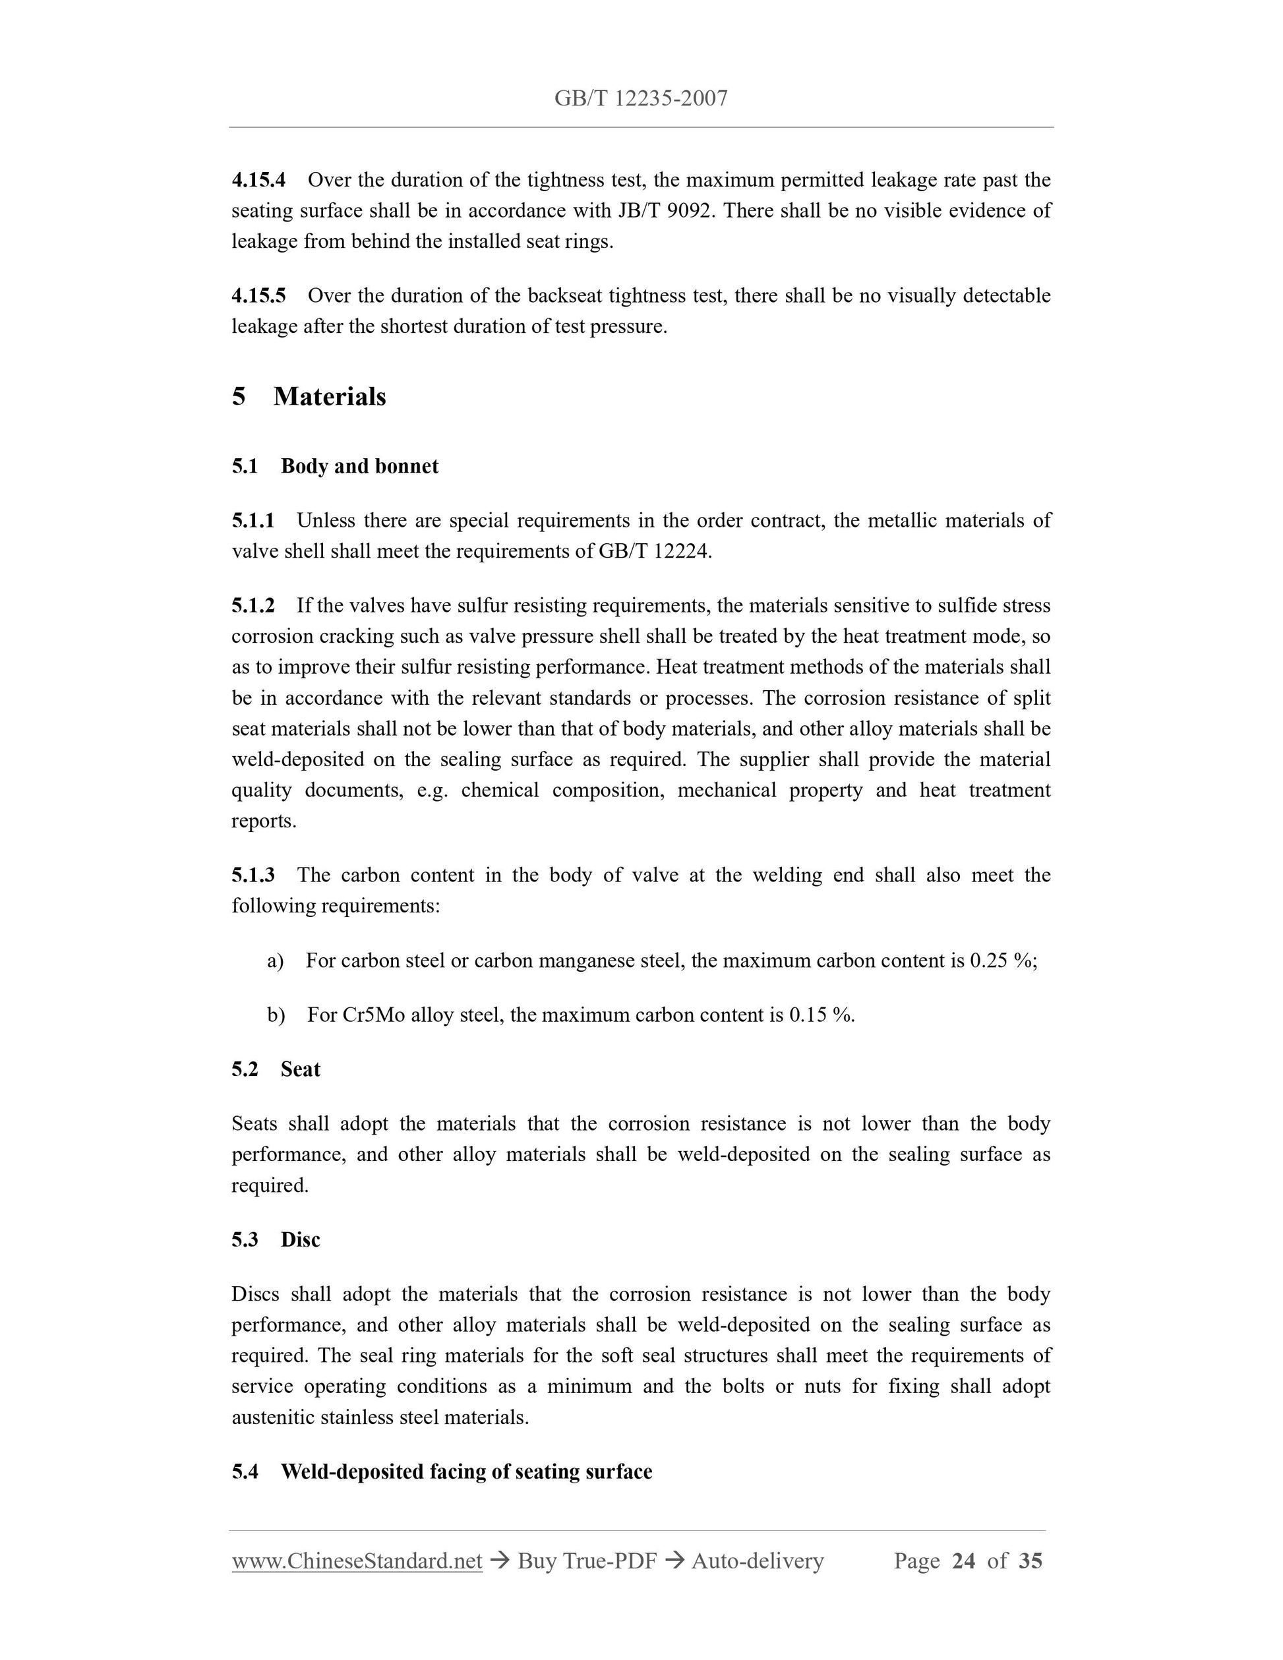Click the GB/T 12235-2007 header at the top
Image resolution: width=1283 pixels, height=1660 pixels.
click(641, 98)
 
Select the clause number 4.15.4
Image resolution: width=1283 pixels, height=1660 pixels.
click(258, 180)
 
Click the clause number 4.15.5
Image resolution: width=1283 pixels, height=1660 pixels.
click(258, 295)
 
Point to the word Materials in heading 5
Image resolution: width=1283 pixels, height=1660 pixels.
click(329, 397)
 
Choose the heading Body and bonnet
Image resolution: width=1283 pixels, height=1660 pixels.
click(359, 466)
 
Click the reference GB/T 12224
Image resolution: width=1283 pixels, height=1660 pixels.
click(653, 551)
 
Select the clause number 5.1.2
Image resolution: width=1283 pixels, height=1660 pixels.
click(253, 606)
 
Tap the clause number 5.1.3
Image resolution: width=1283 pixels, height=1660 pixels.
click(253, 875)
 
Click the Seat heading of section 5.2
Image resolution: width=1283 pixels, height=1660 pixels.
click(300, 1069)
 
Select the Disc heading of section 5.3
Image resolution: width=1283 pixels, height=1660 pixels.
click(300, 1239)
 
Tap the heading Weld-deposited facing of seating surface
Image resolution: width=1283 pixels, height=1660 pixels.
click(466, 1471)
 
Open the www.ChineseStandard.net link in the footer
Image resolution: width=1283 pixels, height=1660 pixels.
click(357, 1561)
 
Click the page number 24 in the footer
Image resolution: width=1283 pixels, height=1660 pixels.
click(963, 1561)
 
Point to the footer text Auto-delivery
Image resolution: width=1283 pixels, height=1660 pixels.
click(757, 1561)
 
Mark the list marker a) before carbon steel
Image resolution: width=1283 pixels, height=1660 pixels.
click(275, 961)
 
